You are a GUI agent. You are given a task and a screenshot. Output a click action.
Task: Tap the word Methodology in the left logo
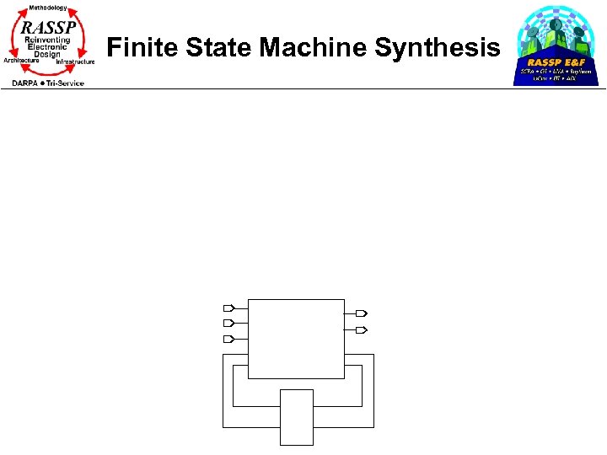coord(48,8)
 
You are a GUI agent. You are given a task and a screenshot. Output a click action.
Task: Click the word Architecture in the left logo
coord(22,61)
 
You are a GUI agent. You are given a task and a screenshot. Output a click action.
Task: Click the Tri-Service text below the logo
coord(66,83)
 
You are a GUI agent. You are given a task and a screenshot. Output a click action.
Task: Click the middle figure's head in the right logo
coord(556,25)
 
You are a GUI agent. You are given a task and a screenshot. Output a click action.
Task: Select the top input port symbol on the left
coord(227,308)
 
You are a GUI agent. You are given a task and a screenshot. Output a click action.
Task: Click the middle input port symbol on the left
coord(227,323)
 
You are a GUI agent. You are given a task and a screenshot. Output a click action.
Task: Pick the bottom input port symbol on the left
coord(227,339)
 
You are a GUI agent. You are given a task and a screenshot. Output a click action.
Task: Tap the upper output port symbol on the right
coord(362,313)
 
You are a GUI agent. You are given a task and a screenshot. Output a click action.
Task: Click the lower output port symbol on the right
coord(362,329)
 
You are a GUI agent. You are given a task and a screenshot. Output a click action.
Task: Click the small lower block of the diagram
coord(297,416)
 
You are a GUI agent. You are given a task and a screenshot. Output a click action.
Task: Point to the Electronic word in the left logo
coord(47,47)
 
